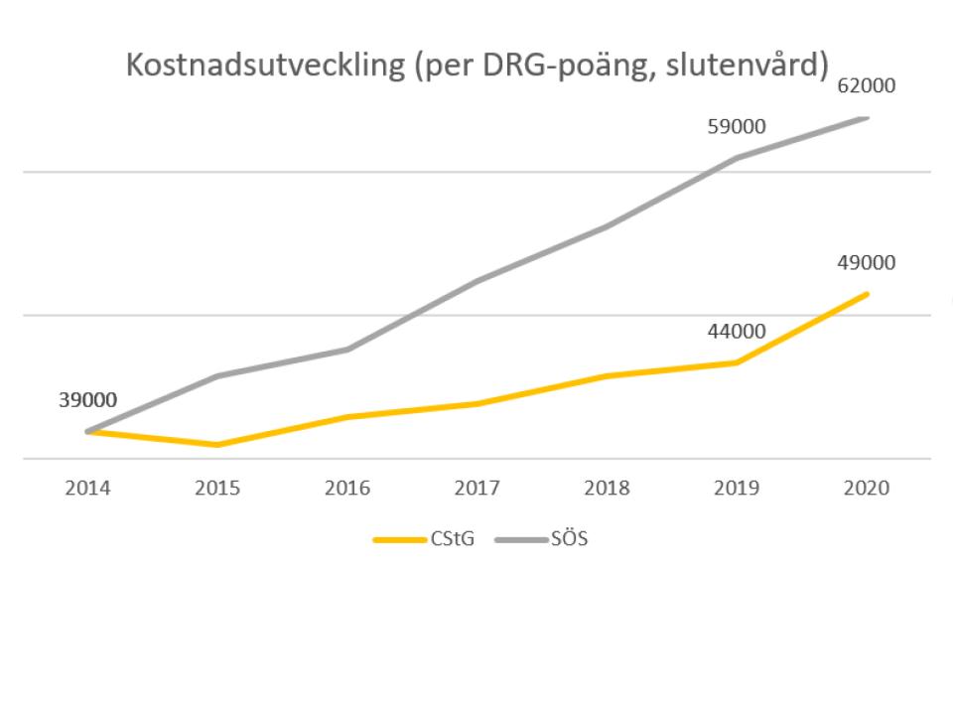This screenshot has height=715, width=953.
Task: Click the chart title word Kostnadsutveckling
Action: [x=266, y=66]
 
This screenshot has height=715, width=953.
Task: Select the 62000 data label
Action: [x=866, y=85]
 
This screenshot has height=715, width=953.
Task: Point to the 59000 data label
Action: [x=737, y=126]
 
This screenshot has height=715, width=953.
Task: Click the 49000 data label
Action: [x=866, y=262]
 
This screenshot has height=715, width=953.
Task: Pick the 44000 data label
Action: [x=737, y=332]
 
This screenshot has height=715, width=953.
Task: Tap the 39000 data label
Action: [x=88, y=400]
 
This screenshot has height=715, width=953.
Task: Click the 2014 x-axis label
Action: [x=88, y=489]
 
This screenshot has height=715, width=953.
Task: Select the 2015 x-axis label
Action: [x=217, y=489]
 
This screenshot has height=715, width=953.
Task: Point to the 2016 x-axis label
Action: [x=347, y=489]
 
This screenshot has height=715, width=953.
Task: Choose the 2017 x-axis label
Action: [x=477, y=489]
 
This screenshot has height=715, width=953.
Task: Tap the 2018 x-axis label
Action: [x=608, y=489]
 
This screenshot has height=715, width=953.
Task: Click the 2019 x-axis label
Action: [x=737, y=489]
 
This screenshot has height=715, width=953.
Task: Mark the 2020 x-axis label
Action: [x=866, y=489]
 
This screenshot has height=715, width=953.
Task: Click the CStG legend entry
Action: [x=424, y=539]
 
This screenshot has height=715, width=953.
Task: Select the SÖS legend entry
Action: [x=542, y=539]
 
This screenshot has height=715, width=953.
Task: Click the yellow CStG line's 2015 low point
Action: [x=217, y=445]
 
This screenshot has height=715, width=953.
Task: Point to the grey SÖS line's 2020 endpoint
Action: [x=866, y=118]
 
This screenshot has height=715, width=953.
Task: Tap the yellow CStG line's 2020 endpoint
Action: [x=866, y=295]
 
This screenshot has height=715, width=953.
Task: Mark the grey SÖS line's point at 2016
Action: [x=347, y=350]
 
